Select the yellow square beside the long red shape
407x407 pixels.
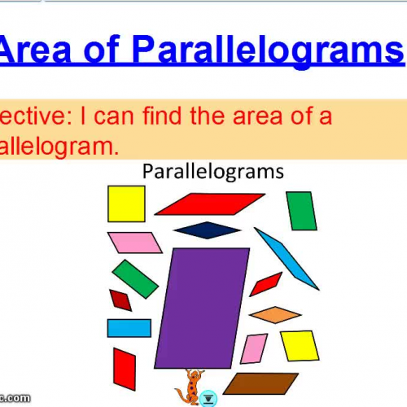[x=126, y=203]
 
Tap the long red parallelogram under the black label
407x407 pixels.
[x=209, y=203]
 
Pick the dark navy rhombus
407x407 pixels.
[x=207, y=230]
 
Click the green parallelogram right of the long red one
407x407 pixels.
[x=302, y=211]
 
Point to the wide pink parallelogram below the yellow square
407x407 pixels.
[x=134, y=242]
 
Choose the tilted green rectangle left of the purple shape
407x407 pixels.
[x=135, y=279]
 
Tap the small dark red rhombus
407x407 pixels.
[x=120, y=300]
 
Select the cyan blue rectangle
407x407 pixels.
[x=129, y=327]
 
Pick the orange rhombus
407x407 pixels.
[x=276, y=314]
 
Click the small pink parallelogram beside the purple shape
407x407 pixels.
[x=254, y=348]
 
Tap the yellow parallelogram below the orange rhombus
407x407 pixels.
[x=299, y=345]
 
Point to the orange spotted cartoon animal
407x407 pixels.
[x=191, y=385]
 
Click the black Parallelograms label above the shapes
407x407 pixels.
[x=212, y=171]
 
